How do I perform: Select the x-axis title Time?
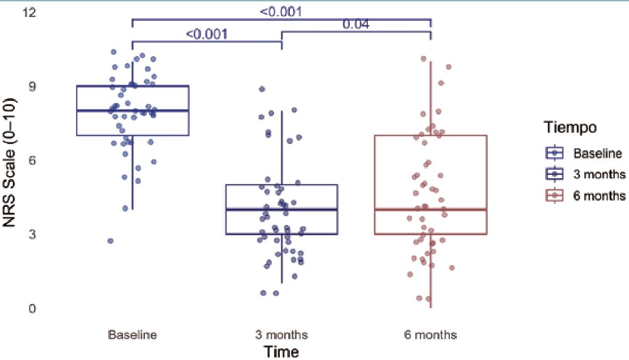pos(281,352)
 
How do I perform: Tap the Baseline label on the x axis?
pos(132,335)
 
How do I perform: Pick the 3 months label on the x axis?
pos(281,335)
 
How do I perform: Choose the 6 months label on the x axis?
pos(430,335)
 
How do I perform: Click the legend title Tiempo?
pos(570,128)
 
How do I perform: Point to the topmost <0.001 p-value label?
pos(281,11)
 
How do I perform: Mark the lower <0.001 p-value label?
pos(207,35)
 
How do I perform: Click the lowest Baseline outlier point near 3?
pos(110,241)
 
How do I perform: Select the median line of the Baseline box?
pos(132,110)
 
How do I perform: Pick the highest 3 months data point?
pos(262,89)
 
